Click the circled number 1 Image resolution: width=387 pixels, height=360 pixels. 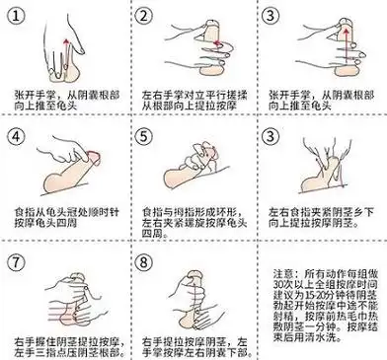18,17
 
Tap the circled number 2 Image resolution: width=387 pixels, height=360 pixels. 145,17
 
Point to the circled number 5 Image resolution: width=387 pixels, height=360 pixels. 145,136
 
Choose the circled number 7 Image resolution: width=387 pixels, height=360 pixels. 18,263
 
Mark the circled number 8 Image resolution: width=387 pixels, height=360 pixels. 145,263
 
